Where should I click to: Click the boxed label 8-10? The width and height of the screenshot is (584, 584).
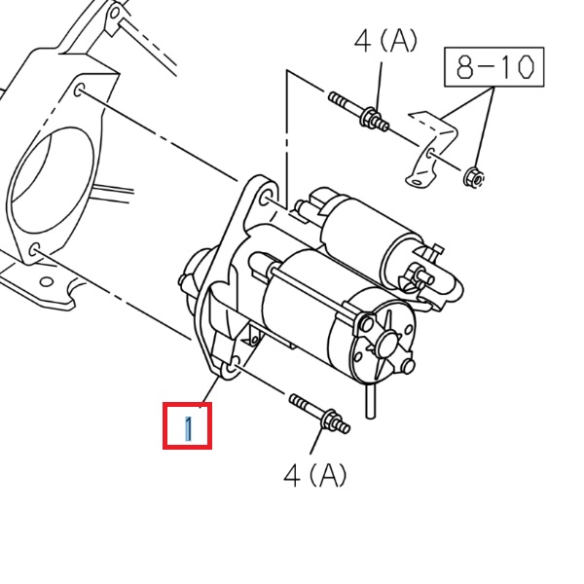click(x=493, y=66)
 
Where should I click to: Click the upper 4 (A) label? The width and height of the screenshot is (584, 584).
click(x=384, y=41)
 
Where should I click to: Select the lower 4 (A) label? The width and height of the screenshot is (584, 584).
click(x=314, y=475)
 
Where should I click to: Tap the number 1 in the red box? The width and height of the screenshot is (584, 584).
click(x=188, y=426)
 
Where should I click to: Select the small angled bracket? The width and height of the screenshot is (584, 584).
click(x=428, y=146)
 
